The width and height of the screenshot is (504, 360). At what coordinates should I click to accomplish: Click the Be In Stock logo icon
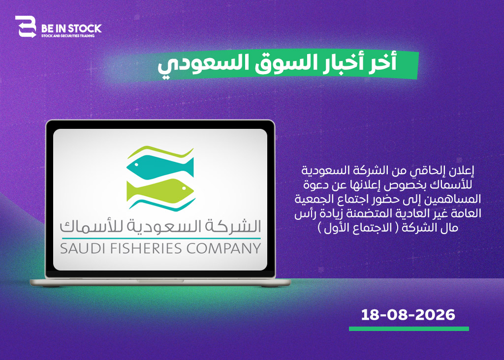click(x=26, y=27)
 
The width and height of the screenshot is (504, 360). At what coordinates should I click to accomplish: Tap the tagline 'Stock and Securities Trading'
click(x=68, y=35)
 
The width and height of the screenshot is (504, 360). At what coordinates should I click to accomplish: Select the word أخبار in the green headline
click(x=344, y=62)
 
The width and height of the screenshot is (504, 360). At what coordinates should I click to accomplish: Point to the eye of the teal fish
click(x=136, y=165)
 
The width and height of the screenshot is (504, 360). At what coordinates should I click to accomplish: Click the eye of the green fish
click(x=185, y=188)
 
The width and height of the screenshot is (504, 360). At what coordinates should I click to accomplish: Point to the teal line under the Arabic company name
click(x=161, y=239)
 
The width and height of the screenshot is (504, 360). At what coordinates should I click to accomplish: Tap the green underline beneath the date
click(x=409, y=329)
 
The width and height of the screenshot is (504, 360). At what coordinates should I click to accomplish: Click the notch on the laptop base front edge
click(x=161, y=281)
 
